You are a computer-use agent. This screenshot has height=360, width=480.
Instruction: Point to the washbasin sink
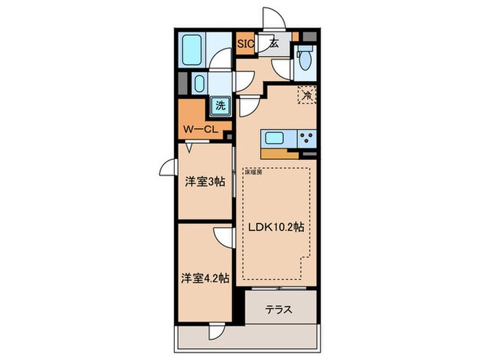pos(199,84)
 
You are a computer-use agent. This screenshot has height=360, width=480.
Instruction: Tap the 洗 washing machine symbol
pos(220,106)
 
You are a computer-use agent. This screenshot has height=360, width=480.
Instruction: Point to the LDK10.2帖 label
pos(277,228)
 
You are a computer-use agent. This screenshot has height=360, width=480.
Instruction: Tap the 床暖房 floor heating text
pos(254,172)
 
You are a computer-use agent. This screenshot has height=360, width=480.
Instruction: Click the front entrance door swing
pos(269,19)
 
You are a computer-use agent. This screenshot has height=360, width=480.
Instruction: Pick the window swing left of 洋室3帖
pos(169,167)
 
